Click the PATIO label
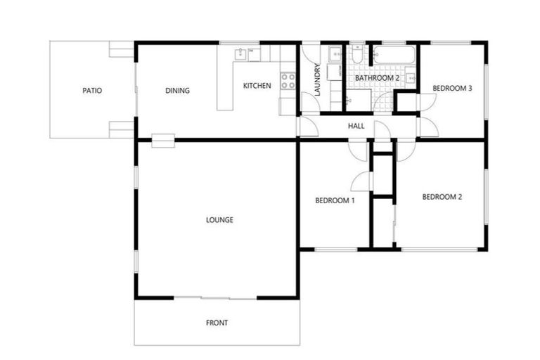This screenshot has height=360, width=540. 92,91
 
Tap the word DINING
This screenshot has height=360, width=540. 178,91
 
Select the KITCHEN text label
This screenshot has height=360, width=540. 257,86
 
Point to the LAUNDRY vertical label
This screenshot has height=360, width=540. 318,81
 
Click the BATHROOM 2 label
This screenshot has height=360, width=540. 377,77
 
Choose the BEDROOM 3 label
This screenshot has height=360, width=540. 452,89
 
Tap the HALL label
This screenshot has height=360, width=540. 356,127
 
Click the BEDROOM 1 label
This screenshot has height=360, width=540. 335,201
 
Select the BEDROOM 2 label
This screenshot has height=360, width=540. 442,198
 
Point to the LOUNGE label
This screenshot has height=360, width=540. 219,220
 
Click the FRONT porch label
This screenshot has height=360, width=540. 217,323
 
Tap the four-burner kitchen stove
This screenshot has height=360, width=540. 287,81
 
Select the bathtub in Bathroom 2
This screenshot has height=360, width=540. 394,54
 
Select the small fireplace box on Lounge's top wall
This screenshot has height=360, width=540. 162,140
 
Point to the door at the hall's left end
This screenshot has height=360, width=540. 307,127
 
